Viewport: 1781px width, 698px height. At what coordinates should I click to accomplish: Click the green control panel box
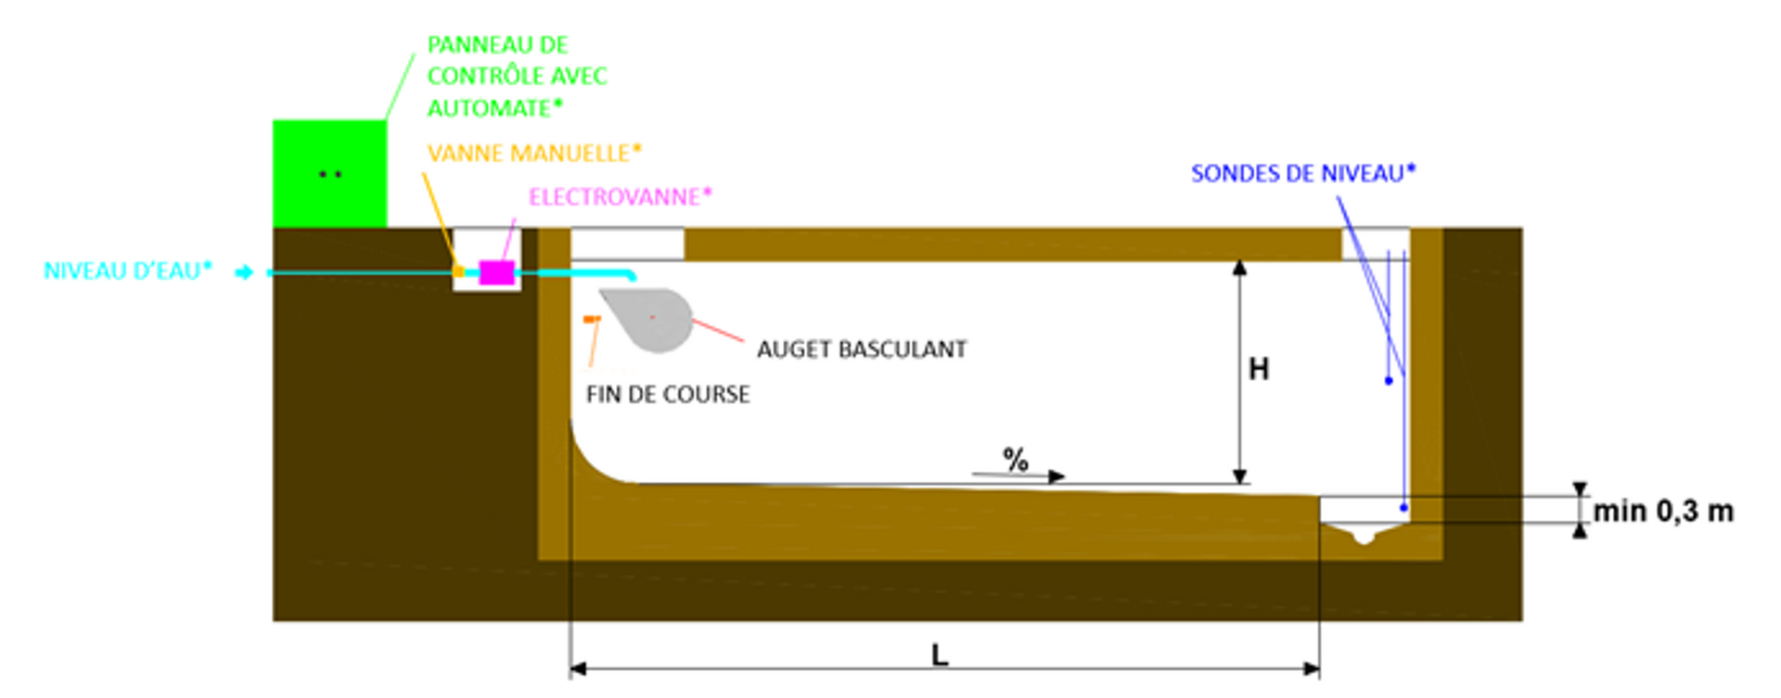329,173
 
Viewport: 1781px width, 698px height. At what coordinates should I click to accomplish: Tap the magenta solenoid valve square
497,273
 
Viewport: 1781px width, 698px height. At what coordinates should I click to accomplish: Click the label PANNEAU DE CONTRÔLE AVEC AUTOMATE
517,76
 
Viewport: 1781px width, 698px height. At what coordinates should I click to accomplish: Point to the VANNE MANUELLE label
534,153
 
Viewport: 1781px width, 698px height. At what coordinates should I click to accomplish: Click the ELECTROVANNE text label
620,197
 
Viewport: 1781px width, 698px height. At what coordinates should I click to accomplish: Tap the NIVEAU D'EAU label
128,271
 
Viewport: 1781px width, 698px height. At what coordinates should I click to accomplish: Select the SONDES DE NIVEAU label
1303,173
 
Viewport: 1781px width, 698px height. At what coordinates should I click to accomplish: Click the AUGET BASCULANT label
862,349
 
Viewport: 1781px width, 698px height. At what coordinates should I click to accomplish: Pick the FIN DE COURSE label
668,394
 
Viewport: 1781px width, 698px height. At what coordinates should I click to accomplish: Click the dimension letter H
1259,370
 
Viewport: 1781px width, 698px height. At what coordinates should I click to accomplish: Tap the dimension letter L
940,655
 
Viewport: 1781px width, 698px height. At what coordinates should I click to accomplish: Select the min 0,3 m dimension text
1663,511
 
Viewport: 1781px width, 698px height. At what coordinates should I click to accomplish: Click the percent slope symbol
1016,459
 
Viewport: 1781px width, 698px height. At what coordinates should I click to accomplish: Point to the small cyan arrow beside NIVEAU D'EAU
244,273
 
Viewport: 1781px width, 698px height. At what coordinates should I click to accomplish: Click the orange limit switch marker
592,319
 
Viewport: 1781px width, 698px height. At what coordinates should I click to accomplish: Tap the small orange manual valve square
458,272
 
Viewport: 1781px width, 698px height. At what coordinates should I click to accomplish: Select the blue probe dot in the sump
1403,507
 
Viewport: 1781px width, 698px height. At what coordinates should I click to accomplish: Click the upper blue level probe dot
1389,381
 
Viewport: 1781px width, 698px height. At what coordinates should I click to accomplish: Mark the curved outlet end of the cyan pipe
632,275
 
